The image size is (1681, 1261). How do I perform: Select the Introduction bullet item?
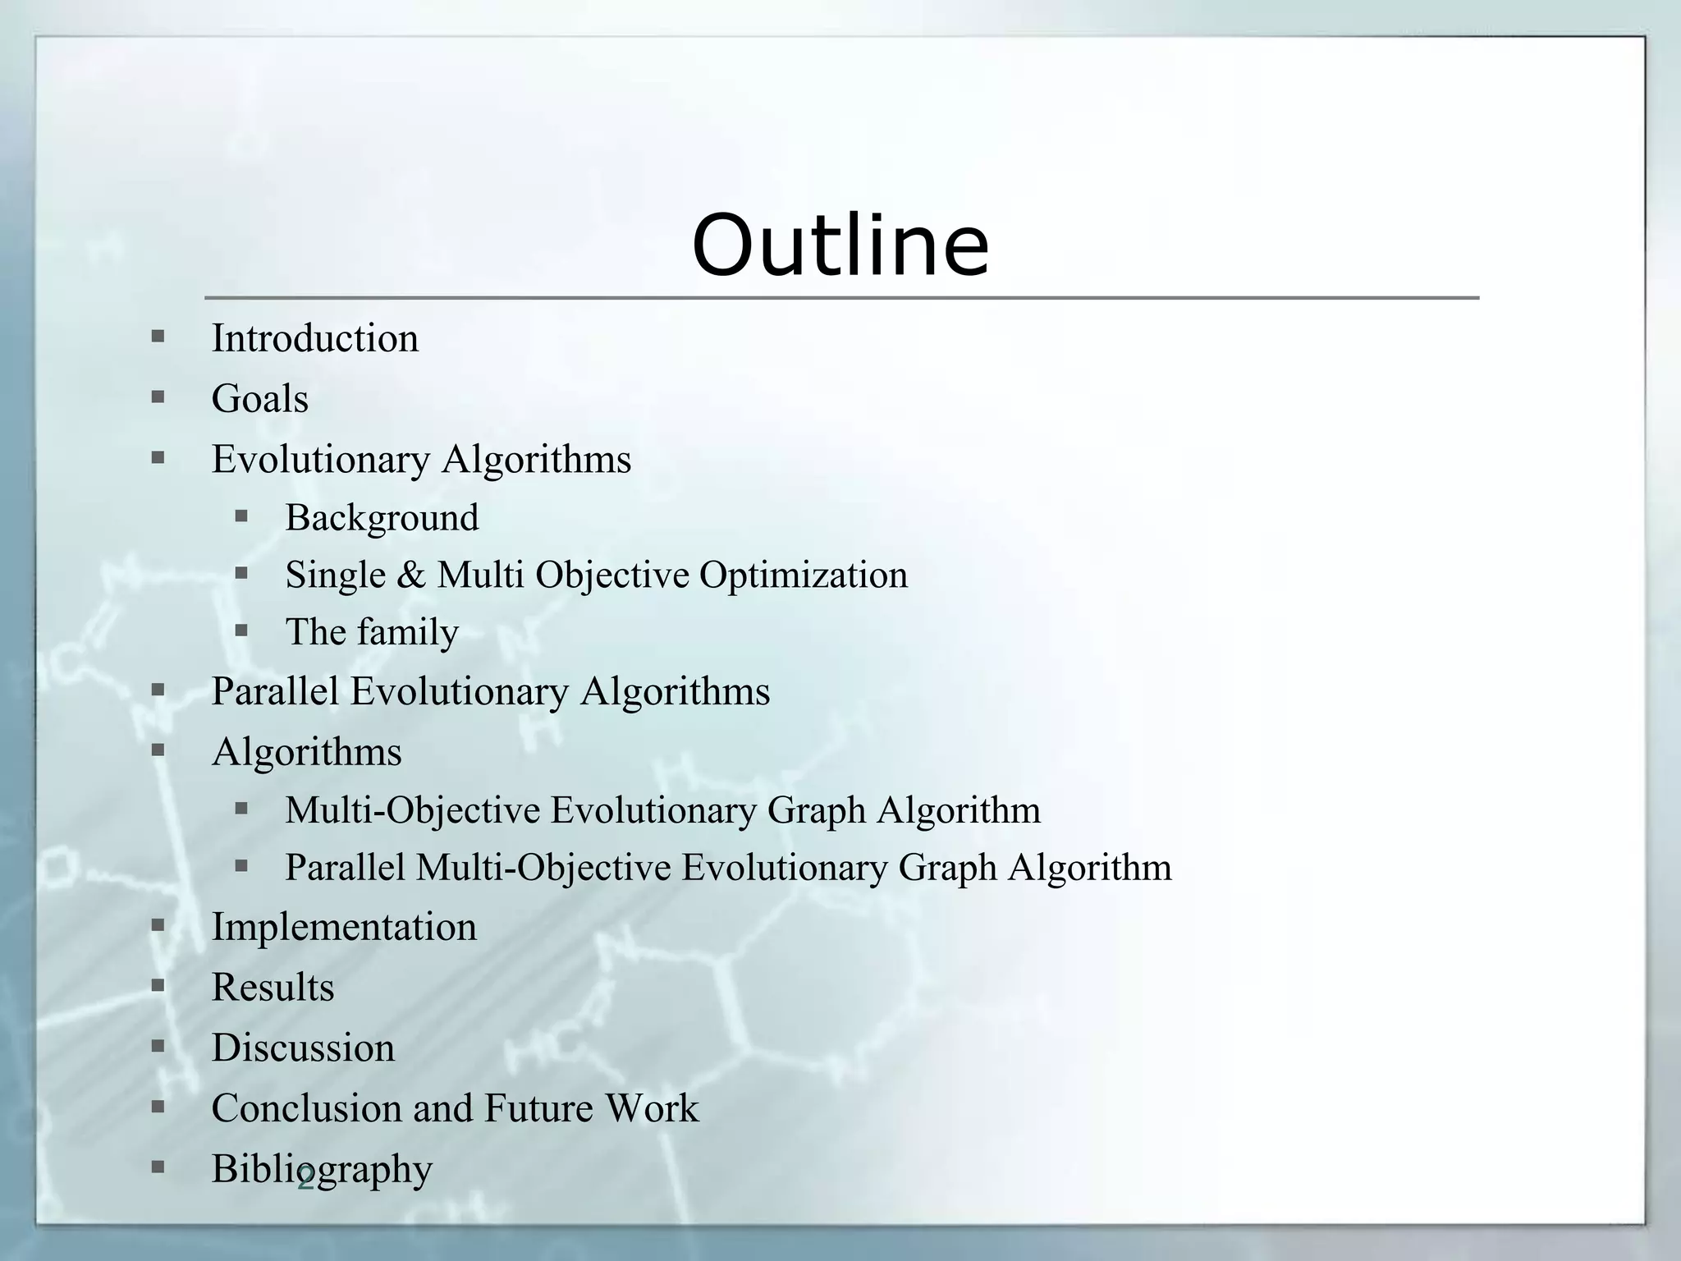(x=315, y=338)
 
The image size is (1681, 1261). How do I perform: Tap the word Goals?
(x=260, y=399)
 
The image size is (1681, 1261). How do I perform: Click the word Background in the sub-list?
(x=382, y=518)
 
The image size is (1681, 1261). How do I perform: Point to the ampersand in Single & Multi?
(x=410, y=575)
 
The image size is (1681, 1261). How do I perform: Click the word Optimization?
(x=804, y=575)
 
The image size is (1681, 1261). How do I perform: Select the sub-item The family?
(x=372, y=632)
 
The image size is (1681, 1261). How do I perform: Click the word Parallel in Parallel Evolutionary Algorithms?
(x=275, y=691)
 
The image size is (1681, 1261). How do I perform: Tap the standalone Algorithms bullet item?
(x=307, y=752)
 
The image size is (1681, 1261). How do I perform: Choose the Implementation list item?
(x=344, y=927)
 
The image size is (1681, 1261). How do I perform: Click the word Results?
(x=273, y=987)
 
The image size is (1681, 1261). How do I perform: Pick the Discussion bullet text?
(x=303, y=1048)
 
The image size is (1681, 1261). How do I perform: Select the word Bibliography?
(x=322, y=1169)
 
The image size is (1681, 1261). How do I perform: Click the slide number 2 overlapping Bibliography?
(x=305, y=1180)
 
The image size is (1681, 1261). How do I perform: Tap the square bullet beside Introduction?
(x=158, y=337)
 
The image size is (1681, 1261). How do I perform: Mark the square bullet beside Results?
(x=158, y=985)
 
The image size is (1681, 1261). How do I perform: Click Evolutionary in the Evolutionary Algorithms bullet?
(x=321, y=459)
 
